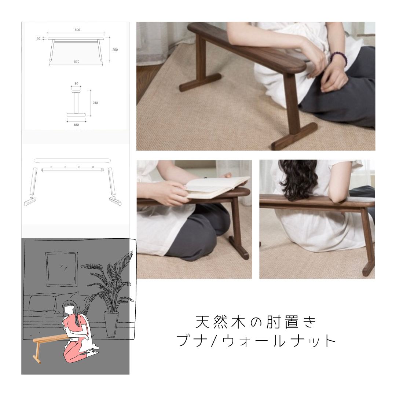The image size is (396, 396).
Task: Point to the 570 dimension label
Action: (x=77, y=62)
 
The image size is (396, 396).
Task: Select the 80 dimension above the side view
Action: (x=76, y=84)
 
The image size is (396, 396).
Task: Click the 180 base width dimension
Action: (x=76, y=125)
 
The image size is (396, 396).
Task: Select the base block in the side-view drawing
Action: (x=76, y=114)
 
